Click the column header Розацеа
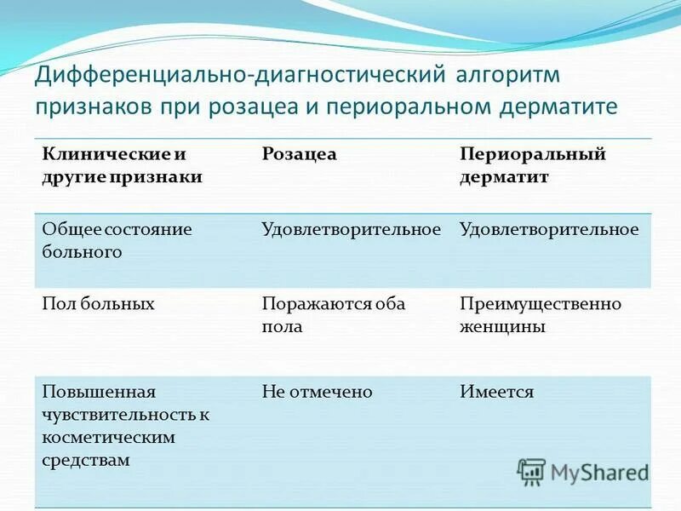coord(299,154)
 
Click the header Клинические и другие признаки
coord(122,165)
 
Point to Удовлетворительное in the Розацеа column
coord(351,229)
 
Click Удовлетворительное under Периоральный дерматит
coord(548,229)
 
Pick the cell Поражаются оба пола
coord(333,314)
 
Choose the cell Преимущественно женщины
coord(540,314)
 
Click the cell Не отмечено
coord(317,392)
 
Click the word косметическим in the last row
coord(108,437)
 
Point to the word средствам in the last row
coord(85,459)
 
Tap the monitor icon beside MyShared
coord(532,471)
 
